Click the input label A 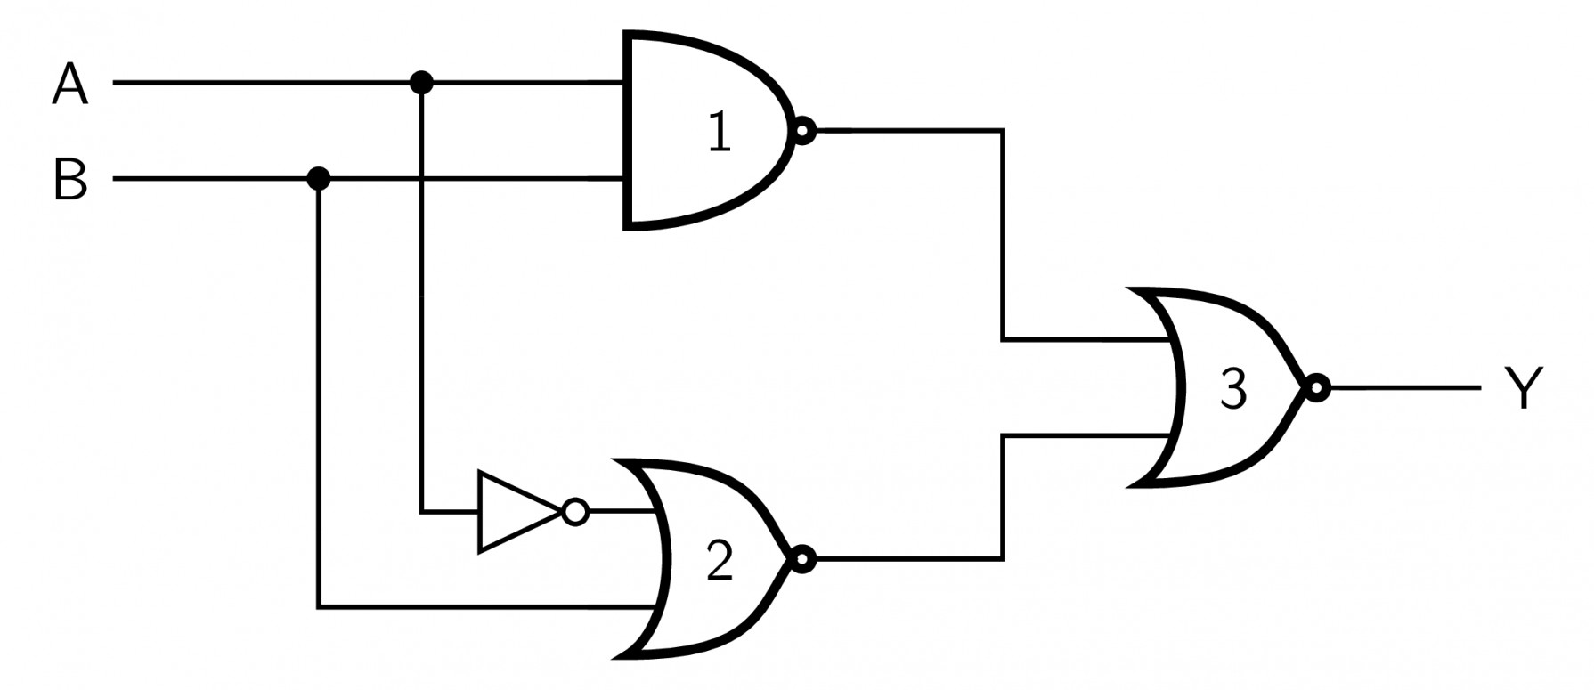[x=70, y=85]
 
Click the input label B [x=70, y=180]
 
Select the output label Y [x=1522, y=389]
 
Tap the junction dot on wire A [x=421, y=84]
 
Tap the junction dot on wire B [x=318, y=179]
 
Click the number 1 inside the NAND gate [x=720, y=134]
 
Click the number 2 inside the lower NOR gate [x=720, y=562]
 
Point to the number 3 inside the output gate [x=1232, y=389]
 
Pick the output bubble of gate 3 [x=1316, y=388]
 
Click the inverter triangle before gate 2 [x=515, y=512]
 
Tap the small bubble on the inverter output [x=576, y=512]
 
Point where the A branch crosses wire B [x=421, y=179]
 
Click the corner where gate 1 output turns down [x=1004, y=132]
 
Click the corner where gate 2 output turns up [x=1004, y=559]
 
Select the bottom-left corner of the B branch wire [x=318, y=608]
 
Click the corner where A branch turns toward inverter [x=421, y=512]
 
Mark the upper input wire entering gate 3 [x=1086, y=340]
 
